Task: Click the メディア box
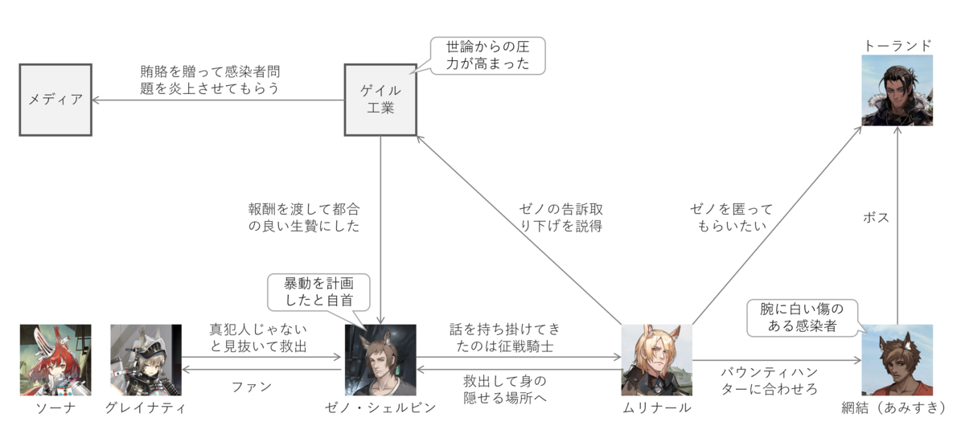pyautogui.click(x=55, y=100)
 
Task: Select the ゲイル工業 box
pyautogui.click(x=380, y=100)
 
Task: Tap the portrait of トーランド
pyautogui.click(x=897, y=91)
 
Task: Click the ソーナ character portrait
pyautogui.click(x=55, y=359)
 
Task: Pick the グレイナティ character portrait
pyautogui.click(x=146, y=359)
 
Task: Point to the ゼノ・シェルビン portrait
pyautogui.click(x=380, y=359)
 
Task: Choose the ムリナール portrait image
pyautogui.click(x=657, y=359)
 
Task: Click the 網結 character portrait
pyautogui.click(x=897, y=359)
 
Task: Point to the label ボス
pyautogui.click(x=875, y=217)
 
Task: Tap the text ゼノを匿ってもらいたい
pyautogui.click(x=731, y=218)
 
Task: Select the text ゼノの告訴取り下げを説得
pyautogui.click(x=560, y=218)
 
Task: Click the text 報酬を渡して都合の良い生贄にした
pyautogui.click(x=303, y=218)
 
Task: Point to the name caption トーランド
pyautogui.click(x=897, y=45)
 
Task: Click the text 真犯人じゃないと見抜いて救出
pyautogui.click(x=258, y=338)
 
